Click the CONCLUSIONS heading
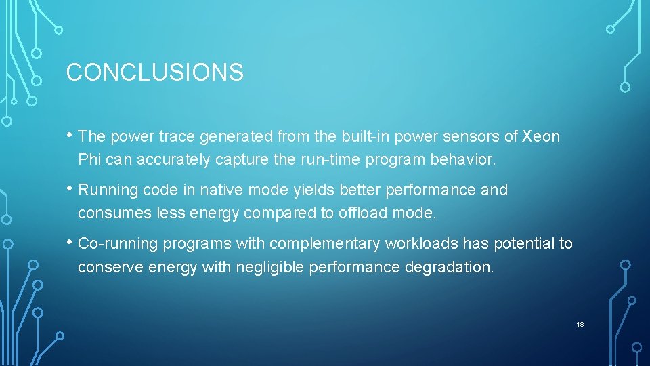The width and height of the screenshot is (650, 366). pyautogui.click(x=154, y=72)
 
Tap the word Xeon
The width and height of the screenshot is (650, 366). pyautogui.click(x=541, y=136)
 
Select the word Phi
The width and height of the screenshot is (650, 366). pyautogui.click(x=89, y=160)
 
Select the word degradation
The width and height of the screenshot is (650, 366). pyautogui.click(x=449, y=267)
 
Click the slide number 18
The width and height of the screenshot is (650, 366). pyautogui.click(x=580, y=325)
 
